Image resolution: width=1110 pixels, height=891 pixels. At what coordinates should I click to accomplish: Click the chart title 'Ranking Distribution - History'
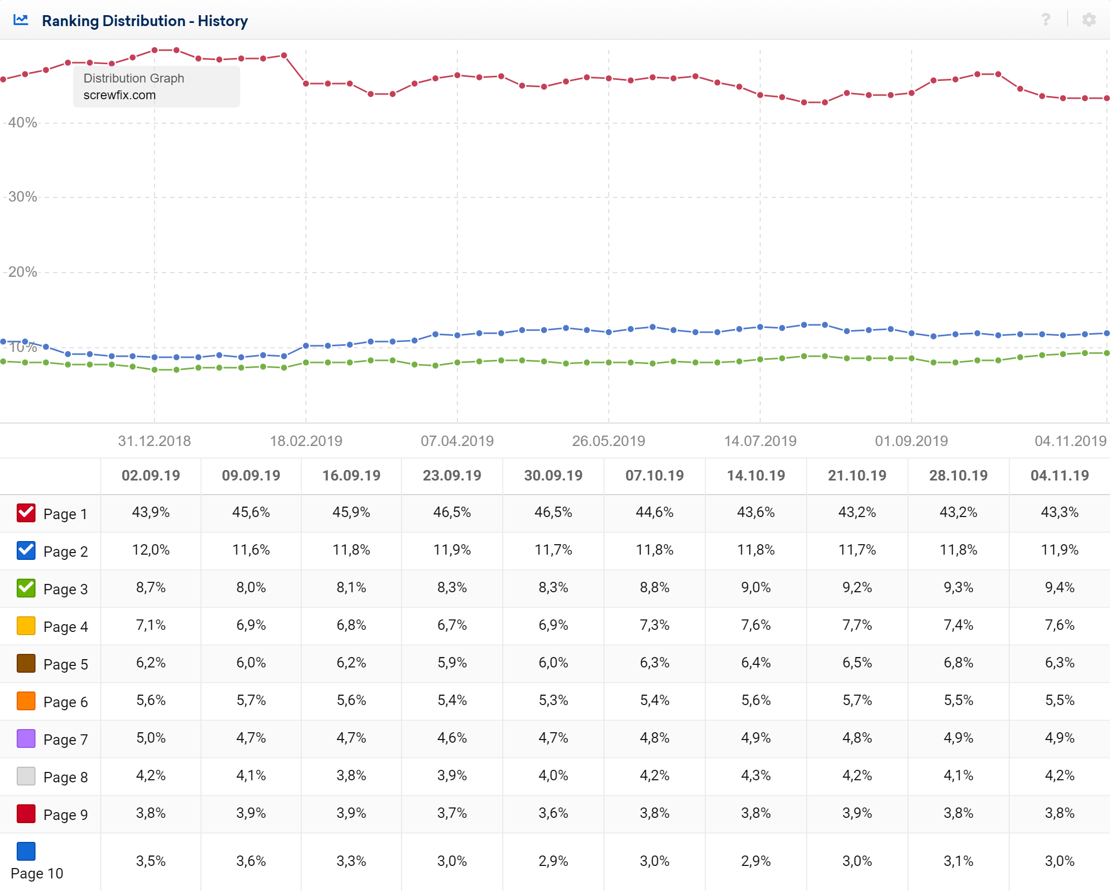click(145, 21)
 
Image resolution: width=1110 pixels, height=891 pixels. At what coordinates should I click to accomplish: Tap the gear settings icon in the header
click(1089, 20)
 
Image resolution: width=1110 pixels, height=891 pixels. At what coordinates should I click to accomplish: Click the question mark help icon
click(1046, 20)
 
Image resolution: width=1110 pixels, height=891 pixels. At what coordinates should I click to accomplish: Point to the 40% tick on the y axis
click(22, 123)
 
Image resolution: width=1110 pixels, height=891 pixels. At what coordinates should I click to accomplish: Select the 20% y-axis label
click(22, 272)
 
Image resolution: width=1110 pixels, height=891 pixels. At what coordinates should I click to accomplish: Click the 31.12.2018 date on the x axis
click(155, 441)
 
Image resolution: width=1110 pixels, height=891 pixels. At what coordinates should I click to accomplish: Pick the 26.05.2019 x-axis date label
click(608, 441)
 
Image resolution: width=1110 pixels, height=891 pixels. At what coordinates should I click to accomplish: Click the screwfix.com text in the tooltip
click(120, 95)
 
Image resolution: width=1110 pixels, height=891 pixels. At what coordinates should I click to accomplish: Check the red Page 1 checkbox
click(26, 513)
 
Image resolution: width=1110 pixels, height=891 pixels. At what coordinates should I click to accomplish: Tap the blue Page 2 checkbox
click(26, 550)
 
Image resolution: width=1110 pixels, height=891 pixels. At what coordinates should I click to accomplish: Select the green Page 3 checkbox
click(26, 588)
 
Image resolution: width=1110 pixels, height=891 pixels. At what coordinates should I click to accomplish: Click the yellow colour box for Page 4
click(26, 626)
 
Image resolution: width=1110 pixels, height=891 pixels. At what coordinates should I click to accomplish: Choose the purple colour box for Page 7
click(26, 738)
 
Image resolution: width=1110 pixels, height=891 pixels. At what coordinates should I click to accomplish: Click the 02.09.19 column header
click(151, 476)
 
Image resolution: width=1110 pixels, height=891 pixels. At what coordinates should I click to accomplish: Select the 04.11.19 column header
click(1059, 476)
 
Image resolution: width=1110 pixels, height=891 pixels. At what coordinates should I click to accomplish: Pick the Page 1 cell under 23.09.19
click(452, 512)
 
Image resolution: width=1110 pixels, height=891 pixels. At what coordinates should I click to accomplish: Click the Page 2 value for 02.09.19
click(151, 550)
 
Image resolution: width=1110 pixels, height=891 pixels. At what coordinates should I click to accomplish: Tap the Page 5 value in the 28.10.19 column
click(958, 663)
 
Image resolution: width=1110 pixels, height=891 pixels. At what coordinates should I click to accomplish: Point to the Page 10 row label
click(37, 873)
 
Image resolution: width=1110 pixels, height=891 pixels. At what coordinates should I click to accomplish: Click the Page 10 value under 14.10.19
click(755, 861)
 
